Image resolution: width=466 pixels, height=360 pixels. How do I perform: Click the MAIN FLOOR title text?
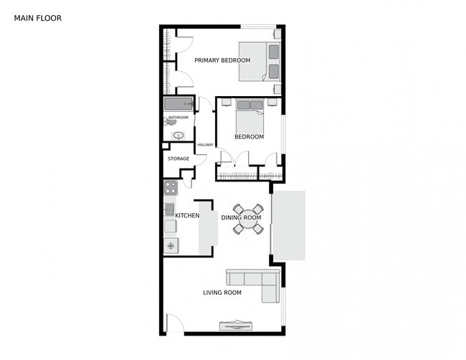38,18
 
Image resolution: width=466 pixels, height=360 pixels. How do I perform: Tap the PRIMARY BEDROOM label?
222,60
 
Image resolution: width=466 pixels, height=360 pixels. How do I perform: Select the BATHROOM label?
179,118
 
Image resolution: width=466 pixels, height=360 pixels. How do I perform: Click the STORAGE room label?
179,158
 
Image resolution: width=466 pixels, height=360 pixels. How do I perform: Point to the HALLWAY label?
206,145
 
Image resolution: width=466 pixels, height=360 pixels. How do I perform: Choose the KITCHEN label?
187,215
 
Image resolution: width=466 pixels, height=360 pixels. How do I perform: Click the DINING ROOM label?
240,217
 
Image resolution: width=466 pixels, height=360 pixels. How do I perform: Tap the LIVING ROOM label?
222,293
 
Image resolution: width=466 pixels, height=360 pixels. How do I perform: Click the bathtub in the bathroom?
179,103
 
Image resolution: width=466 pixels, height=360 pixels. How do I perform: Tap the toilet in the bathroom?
171,122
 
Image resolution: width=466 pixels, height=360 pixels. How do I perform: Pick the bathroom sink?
178,135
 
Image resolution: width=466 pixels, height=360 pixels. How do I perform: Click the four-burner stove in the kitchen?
171,188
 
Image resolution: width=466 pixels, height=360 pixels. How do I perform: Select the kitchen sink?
170,209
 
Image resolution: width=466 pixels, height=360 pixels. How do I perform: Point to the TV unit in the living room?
236,326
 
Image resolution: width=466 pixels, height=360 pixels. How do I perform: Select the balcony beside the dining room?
288,225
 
